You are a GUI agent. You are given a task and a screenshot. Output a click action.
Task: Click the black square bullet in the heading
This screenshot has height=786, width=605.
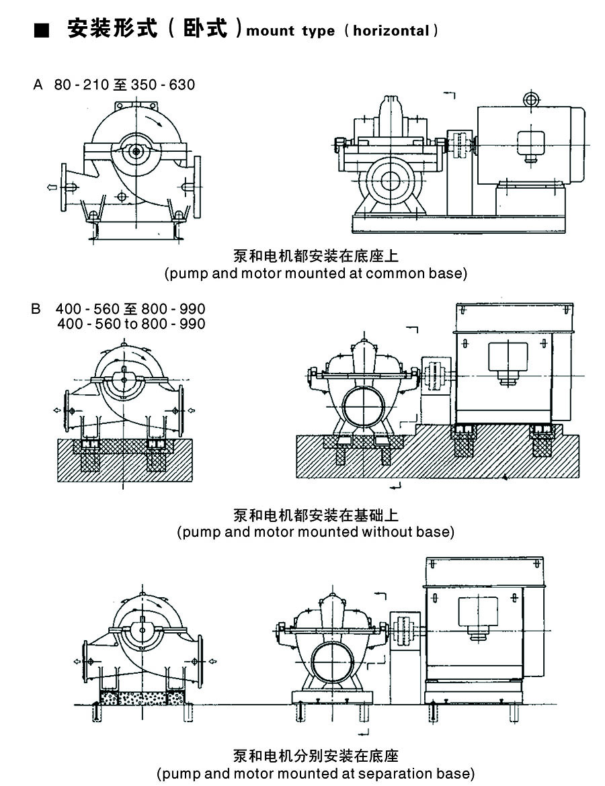(x=42, y=31)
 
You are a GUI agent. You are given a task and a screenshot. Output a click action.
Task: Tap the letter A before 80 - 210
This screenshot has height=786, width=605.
(x=38, y=85)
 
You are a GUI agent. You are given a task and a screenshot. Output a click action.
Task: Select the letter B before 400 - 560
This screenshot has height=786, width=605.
(x=36, y=310)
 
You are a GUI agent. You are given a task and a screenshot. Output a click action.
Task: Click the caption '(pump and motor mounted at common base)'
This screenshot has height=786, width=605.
(x=315, y=273)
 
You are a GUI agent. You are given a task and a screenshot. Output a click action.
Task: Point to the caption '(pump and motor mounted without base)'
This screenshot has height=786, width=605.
(x=315, y=532)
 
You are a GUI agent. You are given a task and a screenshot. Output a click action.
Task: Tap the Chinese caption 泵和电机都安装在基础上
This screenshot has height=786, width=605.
(x=315, y=515)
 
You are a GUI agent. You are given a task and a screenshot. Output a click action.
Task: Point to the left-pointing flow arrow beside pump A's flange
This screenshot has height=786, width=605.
(x=52, y=189)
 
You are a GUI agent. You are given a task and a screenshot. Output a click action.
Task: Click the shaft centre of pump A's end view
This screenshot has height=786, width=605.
(x=136, y=152)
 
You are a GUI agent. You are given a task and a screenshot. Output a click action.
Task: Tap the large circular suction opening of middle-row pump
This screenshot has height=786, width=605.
(x=363, y=406)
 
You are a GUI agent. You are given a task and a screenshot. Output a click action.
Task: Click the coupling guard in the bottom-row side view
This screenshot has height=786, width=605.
(x=405, y=629)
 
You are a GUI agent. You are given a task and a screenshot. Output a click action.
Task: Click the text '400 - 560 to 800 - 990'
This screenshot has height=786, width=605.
(x=131, y=324)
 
